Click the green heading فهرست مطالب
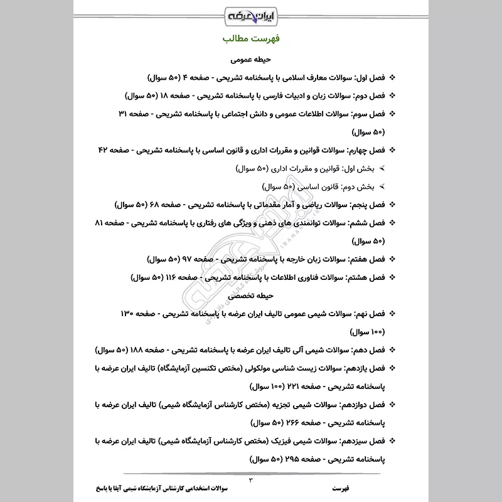tap(251, 40)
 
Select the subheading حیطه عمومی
tap(250, 61)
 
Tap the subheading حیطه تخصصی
tap(251, 294)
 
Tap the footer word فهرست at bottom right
tap(343, 488)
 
